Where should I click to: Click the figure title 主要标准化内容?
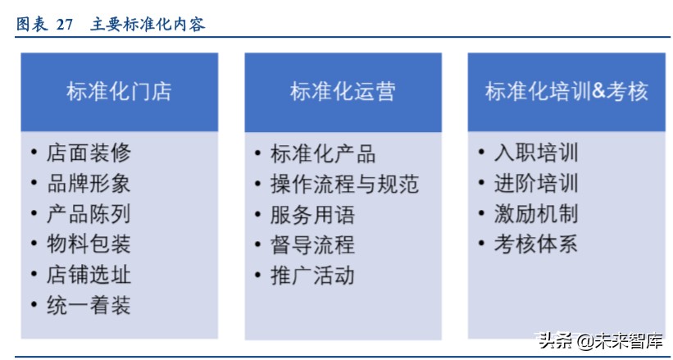148,25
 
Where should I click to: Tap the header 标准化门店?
119,91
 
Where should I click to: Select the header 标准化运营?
343,91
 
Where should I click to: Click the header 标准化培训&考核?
566,91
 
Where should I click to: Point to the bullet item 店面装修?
88,153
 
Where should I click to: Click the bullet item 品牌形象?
88,183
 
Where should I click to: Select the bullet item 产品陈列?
88,214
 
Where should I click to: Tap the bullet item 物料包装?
88,244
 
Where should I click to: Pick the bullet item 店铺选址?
88,275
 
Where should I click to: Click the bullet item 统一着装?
88,306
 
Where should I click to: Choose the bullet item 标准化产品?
322,153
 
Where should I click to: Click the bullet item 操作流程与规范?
343,184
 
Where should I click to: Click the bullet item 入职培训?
535,153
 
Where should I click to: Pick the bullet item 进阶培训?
535,183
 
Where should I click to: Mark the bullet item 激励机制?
535,214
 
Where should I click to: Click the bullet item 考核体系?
535,244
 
